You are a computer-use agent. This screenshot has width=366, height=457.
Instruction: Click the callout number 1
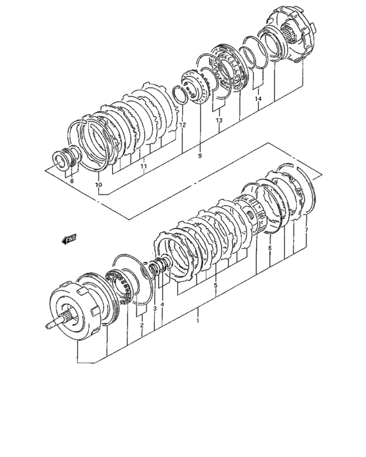click(197, 321)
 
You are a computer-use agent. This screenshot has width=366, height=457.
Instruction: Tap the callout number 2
click(142, 325)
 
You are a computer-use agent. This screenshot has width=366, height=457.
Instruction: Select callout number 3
click(155, 309)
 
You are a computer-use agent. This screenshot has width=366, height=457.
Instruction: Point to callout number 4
click(162, 305)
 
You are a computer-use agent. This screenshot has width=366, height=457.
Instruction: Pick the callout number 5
click(216, 285)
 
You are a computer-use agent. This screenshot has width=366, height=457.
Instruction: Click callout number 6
click(270, 248)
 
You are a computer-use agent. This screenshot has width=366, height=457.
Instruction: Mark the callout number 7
click(306, 230)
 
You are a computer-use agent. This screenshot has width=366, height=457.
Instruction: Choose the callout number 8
click(72, 181)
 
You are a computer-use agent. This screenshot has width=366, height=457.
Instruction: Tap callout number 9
click(200, 156)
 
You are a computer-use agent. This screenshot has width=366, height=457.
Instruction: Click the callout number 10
click(99, 185)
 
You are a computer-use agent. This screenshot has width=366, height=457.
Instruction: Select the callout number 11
click(143, 166)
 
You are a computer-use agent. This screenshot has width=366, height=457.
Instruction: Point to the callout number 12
click(182, 125)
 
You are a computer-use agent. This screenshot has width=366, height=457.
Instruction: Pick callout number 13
click(219, 120)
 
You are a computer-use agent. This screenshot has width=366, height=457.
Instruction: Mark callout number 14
click(258, 99)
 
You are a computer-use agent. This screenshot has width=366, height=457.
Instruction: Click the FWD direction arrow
click(69, 240)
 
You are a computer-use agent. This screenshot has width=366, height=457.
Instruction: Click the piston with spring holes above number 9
click(196, 89)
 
